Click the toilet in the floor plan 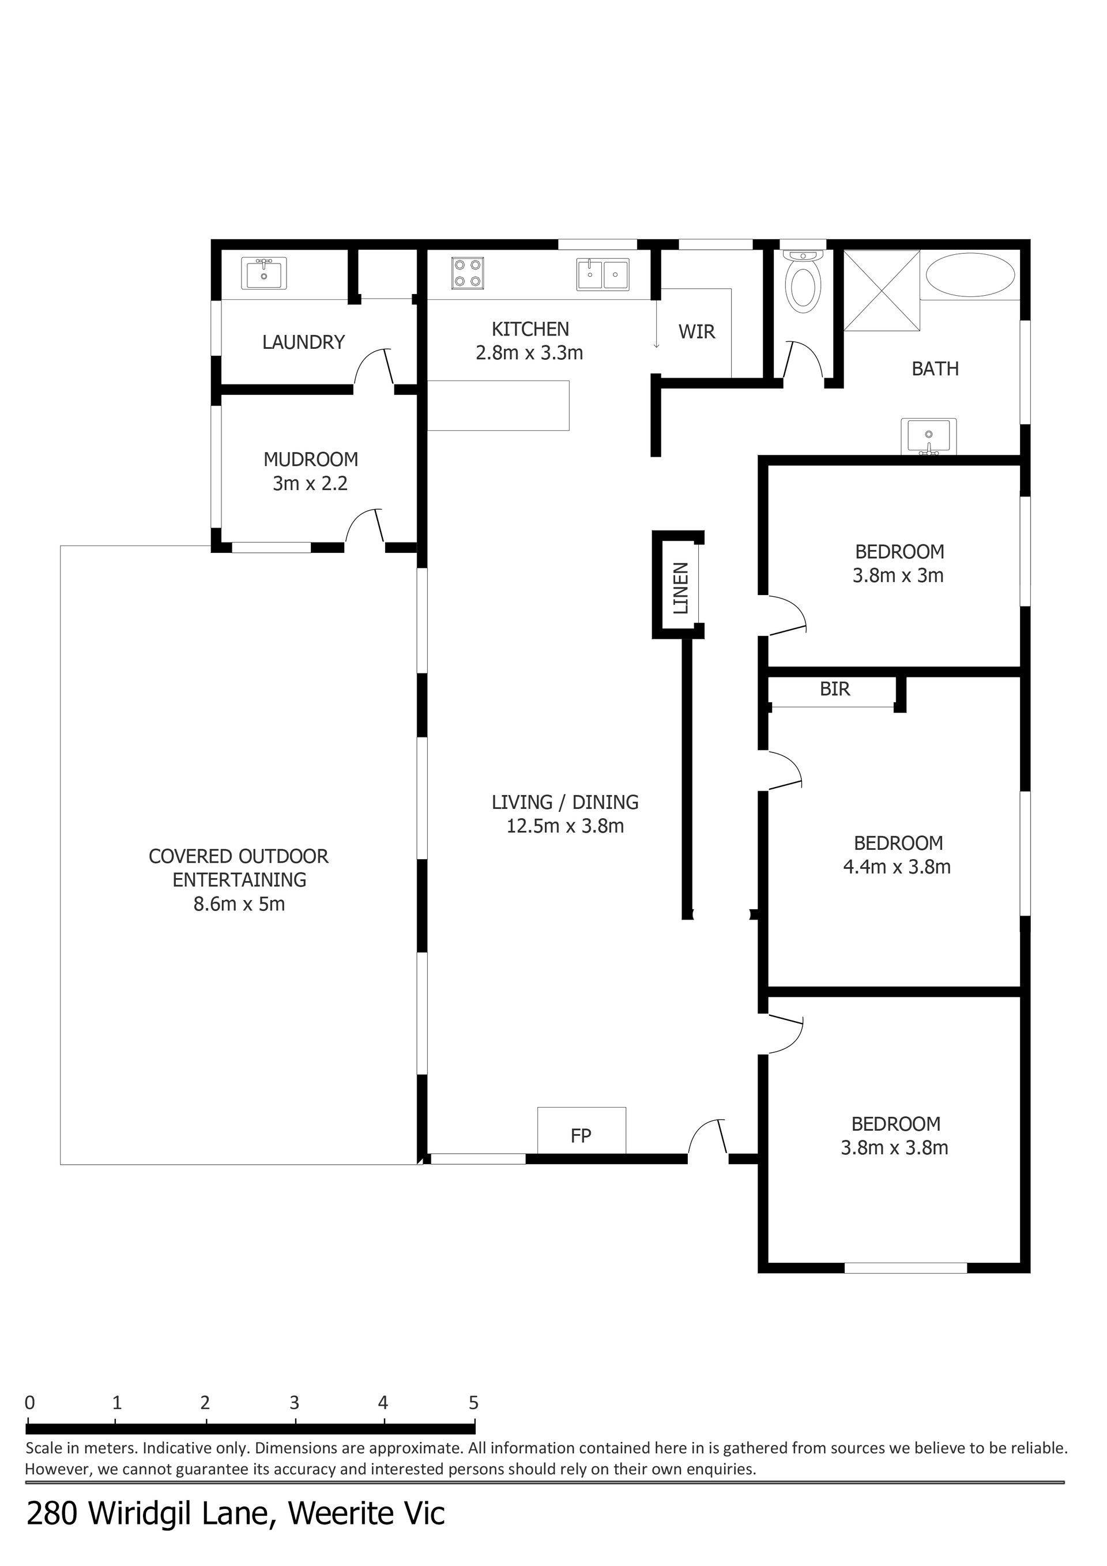click(x=804, y=282)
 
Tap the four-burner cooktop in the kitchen click(x=468, y=273)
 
